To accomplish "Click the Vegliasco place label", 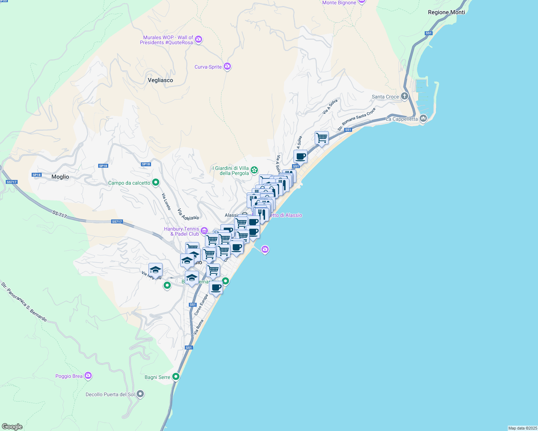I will pyautogui.click(x=160, y=80).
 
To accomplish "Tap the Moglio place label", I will pyautogui.click(x=60, y=177).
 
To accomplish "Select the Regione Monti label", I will pyautogui.click(x=446, y=12).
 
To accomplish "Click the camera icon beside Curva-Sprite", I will pyautogui.click(x=227, y=66).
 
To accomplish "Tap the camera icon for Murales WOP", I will pyautogui.click(x=199, y=40).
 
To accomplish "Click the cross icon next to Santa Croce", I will pyautogui.click(x=405, y=96).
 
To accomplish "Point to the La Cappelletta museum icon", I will pyautogui.click(x=423, y=119).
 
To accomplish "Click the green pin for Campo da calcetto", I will pyautogui.click(x=156, y=182).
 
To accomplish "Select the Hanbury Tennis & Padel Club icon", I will pyautogui.click(x=204, y=231).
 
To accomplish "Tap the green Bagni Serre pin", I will pyautogui.click(x=176, y=376).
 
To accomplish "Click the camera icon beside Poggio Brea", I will pyautogui.click(x=88, y=376).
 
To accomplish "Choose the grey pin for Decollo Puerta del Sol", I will pyautogui.click(x=140, y=394).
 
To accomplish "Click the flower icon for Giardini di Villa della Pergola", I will pyautogui.click(x=254, y=170).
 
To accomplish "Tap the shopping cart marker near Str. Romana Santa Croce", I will pyautogui.click(x=322, y=138).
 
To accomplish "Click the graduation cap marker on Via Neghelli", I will pyautogui.click(x=155, y=269).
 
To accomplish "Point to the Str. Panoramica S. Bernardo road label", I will pyautogui.click(x=24, y=302).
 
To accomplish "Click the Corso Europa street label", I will pyautogui.click(x=201, y=305).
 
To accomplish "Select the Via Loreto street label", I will pyautogui.click(x=166, y=201).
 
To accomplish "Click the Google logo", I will pyautogui.click(x=12, y=427).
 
